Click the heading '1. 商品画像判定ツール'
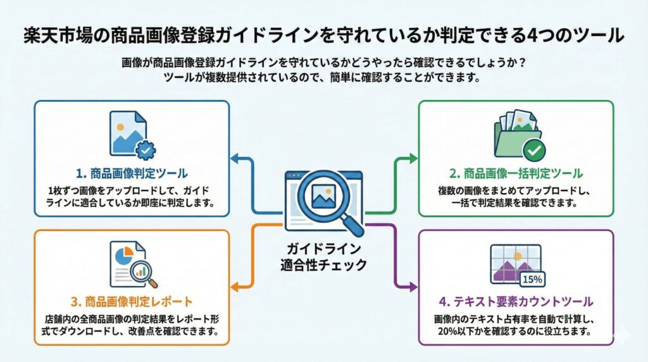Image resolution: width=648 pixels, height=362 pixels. [x=131, y=173]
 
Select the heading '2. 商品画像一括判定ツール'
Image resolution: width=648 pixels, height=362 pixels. [x=516, y=173]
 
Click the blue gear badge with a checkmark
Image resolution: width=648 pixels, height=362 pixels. [x=146, y=150]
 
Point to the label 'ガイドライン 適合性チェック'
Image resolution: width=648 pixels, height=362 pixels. [x=323, y=256]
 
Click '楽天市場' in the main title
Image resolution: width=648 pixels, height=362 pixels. [x=52, y=35]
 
